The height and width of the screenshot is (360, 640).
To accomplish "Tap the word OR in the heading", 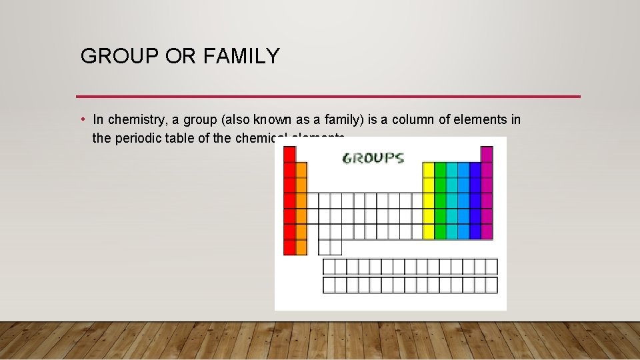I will [179, 57].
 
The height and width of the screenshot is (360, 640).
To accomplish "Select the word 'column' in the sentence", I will [413, 120].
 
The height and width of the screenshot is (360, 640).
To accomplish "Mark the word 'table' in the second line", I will [180, 139].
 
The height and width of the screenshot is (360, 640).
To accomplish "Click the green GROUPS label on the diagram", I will [373, 158].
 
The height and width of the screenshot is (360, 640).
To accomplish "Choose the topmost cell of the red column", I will [289, 154].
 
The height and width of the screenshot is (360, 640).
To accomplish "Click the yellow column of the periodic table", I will [428, 200].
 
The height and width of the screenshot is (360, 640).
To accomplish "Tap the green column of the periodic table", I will [440, 200].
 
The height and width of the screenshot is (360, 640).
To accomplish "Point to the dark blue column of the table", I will [475, 200].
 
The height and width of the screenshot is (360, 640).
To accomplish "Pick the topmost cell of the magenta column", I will [487, 154].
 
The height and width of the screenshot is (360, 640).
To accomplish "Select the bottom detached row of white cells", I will [410, 285].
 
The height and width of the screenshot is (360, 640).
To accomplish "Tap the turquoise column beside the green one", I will [452, 200].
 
